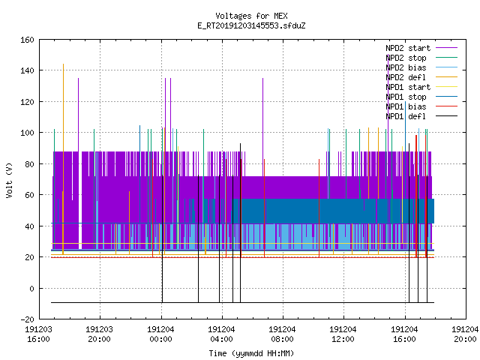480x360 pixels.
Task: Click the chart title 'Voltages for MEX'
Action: pyautogui.click(x=251, y=16)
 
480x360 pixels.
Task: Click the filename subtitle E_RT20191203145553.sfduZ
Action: pyautogui.click(x=251, y=25)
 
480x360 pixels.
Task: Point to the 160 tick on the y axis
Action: pyautogui.click(x=27, y=40)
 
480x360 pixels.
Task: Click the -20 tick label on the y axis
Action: pyautogui.click(x=27, y=319)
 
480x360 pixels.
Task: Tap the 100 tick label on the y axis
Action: pyautogui.click(x=27, y=133)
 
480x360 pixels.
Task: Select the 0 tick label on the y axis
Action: pyautogui.click(x=31, y=288)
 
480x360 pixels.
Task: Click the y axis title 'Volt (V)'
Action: pyautogui.click(x=9, y=180)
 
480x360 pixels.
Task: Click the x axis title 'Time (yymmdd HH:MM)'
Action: pyautogui.click(x=251, y=353)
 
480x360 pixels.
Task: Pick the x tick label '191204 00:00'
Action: pyautogui.click(x=160, y=334)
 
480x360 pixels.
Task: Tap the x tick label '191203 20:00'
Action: pyautogui.click(x=100, y=334)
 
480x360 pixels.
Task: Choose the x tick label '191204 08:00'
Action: pyautogui.click(x=282, y=334)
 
